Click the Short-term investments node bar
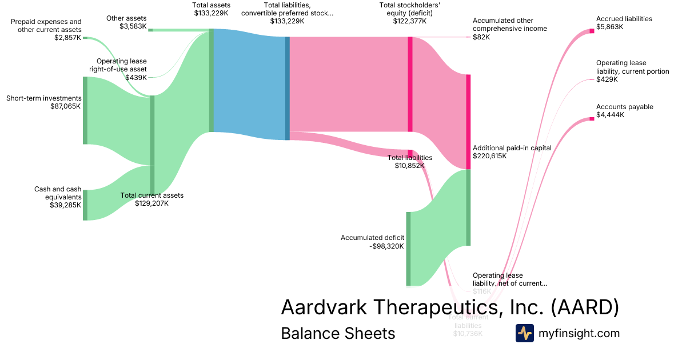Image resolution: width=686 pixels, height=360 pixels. [x=85, y=110]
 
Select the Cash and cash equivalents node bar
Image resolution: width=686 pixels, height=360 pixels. [x=85, y=205]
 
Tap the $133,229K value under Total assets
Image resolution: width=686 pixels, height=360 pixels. [x=211, y=13]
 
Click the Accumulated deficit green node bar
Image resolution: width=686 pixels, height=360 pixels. [x=408, y=249]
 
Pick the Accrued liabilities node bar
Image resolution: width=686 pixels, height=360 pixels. [x=592, y=31]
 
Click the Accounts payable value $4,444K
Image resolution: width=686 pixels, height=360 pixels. [x=610, y=115]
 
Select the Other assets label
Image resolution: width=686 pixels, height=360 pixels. [x=126, y=18]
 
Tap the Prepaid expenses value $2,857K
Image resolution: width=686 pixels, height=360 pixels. [x=68, y=38]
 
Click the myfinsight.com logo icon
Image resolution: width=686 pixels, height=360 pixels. [x=524, y=333]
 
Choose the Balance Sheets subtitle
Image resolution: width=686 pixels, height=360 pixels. [x=338, y=333]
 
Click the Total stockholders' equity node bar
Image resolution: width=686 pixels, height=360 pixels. [x=410, y=85]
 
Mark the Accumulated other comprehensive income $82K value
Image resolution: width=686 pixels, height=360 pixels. [x=481, y=37]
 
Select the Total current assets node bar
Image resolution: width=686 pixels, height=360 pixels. [x=152, y=145]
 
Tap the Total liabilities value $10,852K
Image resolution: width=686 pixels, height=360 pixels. [x=409, y=166]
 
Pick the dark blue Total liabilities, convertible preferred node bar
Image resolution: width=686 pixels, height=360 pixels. [x=288, y=88]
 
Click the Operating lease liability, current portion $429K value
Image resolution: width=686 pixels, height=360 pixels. [x=607, y=79]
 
